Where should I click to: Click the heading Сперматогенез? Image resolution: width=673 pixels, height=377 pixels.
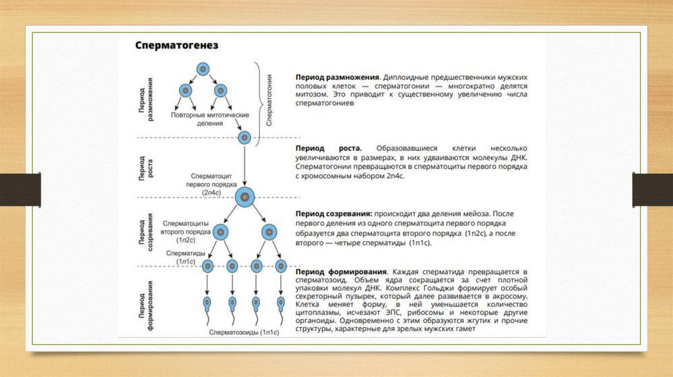click(177, 46)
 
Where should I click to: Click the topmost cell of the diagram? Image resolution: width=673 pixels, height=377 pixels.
click(204, 68)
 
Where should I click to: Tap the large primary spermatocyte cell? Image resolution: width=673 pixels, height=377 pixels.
click(244, 196)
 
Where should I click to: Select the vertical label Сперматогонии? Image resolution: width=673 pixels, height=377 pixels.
click(269, 99)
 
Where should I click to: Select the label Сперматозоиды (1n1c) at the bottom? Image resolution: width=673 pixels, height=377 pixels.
click(244, 333)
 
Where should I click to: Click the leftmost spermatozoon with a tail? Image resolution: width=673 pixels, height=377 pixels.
click(208, 304)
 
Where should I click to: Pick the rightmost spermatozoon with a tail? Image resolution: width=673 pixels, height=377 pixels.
click(281, 304)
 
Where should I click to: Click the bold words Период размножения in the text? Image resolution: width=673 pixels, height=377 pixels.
click(337, 78)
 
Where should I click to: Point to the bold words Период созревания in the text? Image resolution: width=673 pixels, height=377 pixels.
click(335, 214)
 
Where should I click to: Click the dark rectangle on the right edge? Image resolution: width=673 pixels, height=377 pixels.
click(652, 189)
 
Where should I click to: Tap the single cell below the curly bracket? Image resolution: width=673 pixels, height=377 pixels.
click(244, 138)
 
